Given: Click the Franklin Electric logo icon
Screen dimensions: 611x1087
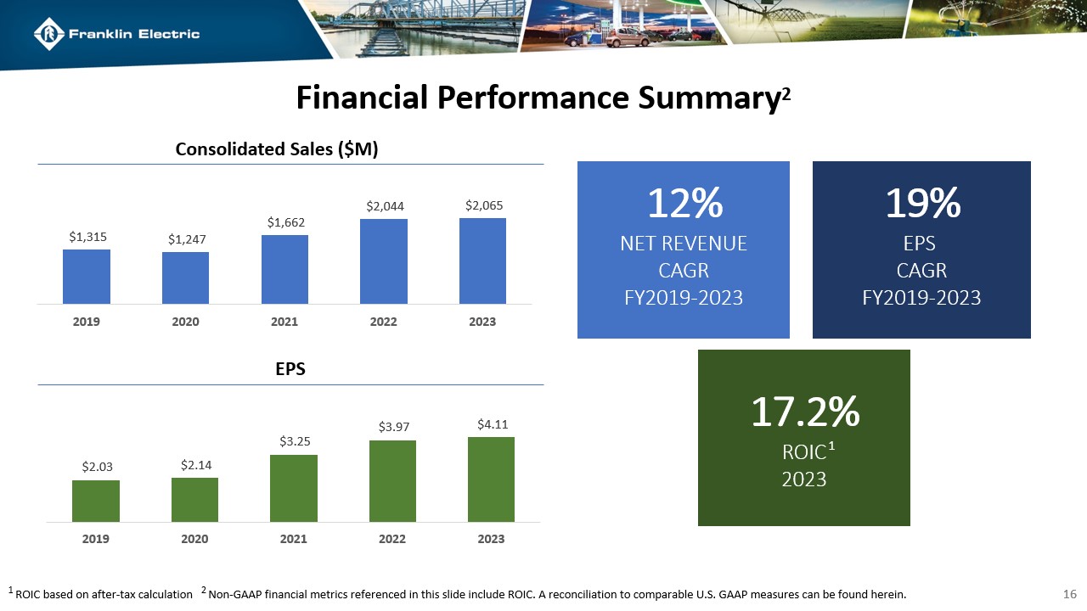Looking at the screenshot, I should [49, 34].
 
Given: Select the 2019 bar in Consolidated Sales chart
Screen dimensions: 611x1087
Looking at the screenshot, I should [86, 276].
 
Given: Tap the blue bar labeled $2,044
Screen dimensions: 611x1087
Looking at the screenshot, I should [383, 261].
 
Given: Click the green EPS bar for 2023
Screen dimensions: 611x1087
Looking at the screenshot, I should [491, 479].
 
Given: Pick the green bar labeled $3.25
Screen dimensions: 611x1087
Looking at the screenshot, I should [293, 488].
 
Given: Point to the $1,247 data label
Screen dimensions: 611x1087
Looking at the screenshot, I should [185, 239].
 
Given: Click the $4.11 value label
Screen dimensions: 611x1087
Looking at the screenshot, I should [491, 423].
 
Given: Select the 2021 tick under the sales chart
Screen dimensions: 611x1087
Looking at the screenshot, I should [284, 322].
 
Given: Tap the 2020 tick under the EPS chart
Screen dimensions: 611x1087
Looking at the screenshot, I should [194, 539].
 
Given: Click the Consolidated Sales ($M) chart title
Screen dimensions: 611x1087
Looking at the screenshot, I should [276, 149].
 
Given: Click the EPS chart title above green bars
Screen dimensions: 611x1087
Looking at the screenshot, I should [290, 370].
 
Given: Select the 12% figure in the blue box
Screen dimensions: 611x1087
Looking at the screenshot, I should [684, 204].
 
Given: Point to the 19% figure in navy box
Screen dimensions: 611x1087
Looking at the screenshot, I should [921, 204].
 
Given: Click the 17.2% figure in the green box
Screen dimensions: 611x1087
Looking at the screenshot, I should [804, 412].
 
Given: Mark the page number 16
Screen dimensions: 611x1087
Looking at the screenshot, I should [1070, 594].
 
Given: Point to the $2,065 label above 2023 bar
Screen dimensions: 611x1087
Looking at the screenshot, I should [482, 205].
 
